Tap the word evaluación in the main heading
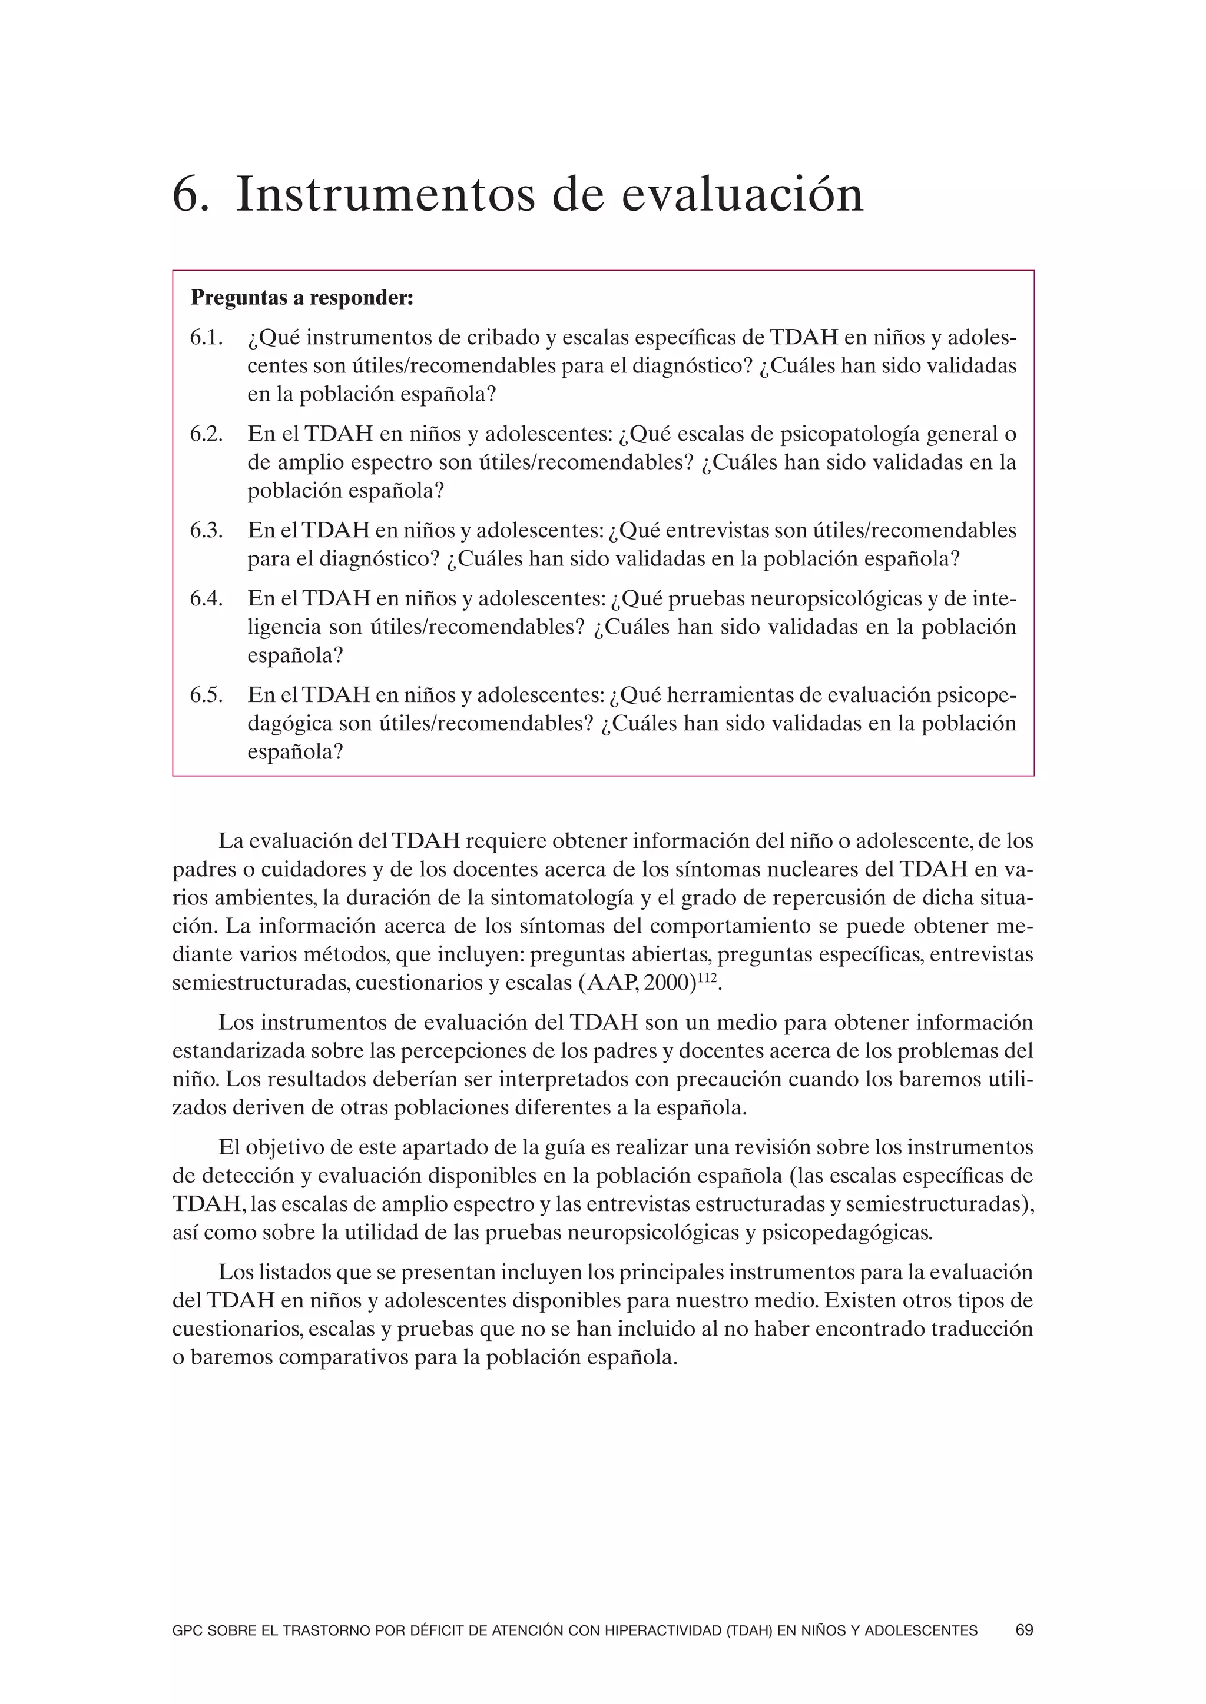pyautogui.click(x=742, y=195)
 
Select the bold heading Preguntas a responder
pyautogui.click(x=301, y=298)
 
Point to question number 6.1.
pyautogui.click(x=207, y=338)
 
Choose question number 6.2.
pyautogui.click(x=207, y=435)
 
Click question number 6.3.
pyautogui.click(x=207, y=531)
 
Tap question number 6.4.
pyautogui.click(x=207, y=599)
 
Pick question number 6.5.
pyautogui.click(x=207, y=695)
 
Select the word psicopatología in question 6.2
pyautogui.click(x=836, y=435)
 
